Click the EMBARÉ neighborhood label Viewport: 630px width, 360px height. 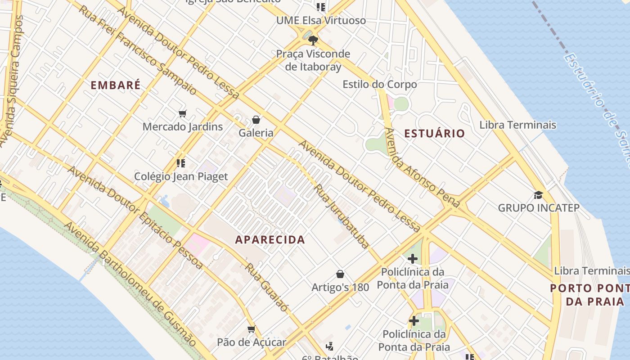pyautogui.click(x=116, y=85)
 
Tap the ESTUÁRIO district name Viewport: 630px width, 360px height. pyautogui.click(x=434, y=133)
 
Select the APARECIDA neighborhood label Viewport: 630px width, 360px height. pyautogui.click(x=270, y=240)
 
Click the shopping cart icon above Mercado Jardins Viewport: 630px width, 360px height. pyautogui.click(x=182, y=113)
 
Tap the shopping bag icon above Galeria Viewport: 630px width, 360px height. pyautogui.click(x=256, y=120)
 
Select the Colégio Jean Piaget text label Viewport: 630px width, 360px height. pyautogui.click(x=181, y=176)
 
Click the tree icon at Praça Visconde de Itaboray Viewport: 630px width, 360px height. pyautogui.click(x=313, y=40)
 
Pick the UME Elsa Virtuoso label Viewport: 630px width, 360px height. pyautogui.click(x=321, y=20)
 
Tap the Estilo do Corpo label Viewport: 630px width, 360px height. pyautogui.click(x=379, y=84)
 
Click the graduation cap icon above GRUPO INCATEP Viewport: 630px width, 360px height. pyautogui.click(x=538, y=195)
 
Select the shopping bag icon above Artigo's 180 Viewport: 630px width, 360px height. pyautogui.click(x=341, y=274)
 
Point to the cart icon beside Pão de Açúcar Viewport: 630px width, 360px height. pyautogui.click(x=252, y=329)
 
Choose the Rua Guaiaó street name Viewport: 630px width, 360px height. pyautogui.click(x=266, y=287)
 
